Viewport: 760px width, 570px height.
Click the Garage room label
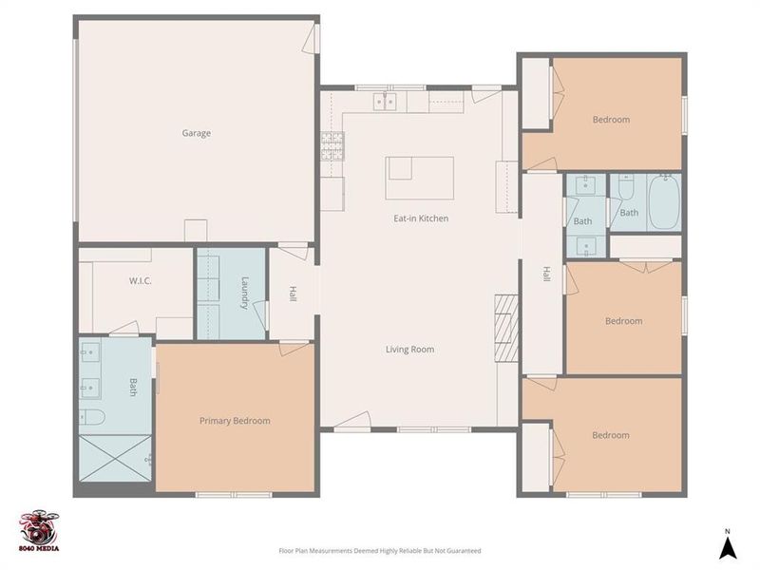pyautogui.click(x=197, y=134)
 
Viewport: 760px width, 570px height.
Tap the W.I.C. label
pyautogui.click(x=141, y=281)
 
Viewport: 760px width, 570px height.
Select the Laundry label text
pyautogui.click(x=244, y=293)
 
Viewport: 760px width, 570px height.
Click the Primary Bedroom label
pyautogui.click(x=235, y=421)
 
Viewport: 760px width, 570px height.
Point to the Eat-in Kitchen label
pyautogui.click(x=421, y=218)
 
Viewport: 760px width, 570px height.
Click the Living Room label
pyautogui.click(x=409, y=350)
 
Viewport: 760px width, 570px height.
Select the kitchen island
pyautogui.click(x=419, y=178)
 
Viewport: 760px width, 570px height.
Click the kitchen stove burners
pyautogui.click(x=332, y=144)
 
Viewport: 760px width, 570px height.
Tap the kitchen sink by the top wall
pyautogui.click(x=385, y=100)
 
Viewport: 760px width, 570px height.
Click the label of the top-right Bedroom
pyautogui.click(x=611, y=120)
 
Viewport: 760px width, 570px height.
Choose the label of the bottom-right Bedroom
pyautogui.click(x=611, y=435)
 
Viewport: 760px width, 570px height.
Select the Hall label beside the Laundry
pyautogui.click(x=293, y=294)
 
